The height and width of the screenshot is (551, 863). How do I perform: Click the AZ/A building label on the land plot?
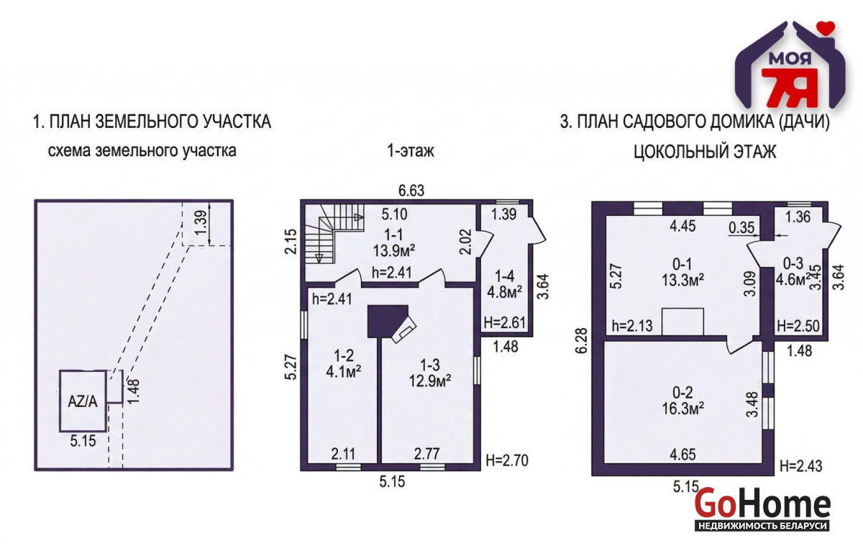(83, 402)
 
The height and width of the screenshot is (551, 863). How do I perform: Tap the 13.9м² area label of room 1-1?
(394, 251)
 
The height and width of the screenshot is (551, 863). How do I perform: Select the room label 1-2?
(344, 355)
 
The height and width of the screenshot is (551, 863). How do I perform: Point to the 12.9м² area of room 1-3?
(430, 381)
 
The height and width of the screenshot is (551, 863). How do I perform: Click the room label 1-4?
(504, 276)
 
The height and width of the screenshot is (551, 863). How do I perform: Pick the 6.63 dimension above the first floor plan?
(411, 191)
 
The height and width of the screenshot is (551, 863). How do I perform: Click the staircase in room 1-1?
(335, 234)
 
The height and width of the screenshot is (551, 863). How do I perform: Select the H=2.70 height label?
(506, 460)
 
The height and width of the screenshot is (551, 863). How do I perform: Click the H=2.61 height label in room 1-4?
(505, 322)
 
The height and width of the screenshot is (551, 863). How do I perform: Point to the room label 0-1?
(682, 264)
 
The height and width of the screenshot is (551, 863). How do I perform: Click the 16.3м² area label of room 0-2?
(683, 408)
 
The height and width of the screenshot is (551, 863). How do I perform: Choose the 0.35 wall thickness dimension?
(741, 228)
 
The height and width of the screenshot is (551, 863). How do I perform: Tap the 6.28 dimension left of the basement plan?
(582, 340)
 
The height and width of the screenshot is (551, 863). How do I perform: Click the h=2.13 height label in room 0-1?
(632, 326)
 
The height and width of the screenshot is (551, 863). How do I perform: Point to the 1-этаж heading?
(411, 150)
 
